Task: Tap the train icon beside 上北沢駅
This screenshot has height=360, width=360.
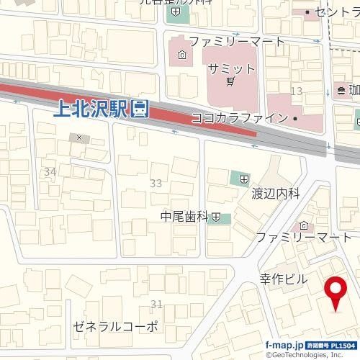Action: (x=141, y=109)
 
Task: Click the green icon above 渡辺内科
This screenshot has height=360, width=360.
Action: (x=243, y=177)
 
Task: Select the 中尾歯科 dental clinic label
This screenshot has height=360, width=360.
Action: (x=184, y=216)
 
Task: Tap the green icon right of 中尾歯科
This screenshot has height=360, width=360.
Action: (x=216, y=217)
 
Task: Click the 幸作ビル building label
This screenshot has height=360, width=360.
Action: (x=283, y=279)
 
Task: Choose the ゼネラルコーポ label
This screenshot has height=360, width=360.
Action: (x=115, y=326)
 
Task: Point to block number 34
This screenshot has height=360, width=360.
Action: (x=50, y=171)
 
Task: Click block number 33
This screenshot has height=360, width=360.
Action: (x=156, y=184)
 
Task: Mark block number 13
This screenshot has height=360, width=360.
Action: (x=296, y=90)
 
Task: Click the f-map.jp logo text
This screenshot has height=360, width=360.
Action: (x=284, y=345)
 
